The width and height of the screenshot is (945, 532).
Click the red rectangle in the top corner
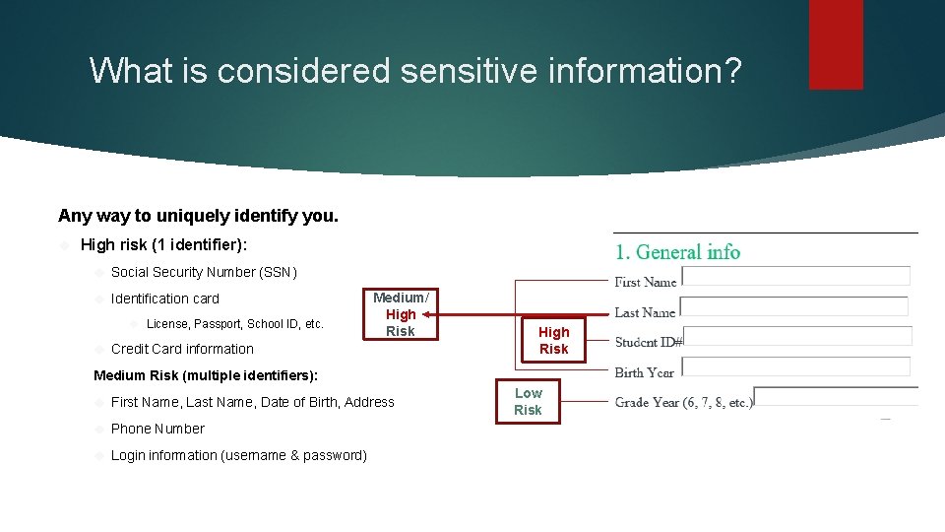click(x=836, y=44)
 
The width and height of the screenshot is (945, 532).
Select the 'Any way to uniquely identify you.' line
click(x=198, y=216)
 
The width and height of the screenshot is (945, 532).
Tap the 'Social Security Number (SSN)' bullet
click(x=204, y=272)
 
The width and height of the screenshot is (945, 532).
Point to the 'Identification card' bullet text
click(x=165, y=299)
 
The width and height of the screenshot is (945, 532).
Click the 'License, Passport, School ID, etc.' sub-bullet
click(x=234, y=324)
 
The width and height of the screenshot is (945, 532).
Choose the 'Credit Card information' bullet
click(x=182, y=349)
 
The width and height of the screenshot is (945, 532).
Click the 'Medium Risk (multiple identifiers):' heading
click(x=206, y=375)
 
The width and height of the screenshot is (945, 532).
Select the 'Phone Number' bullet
click(x=157, y=429)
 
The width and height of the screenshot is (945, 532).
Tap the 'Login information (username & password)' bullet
click(x=239, y=455)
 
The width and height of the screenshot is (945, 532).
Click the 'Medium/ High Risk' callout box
click(x=401, y=314)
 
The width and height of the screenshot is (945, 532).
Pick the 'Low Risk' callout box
click(x=528, y=401)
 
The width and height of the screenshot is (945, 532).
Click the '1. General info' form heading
click(x=678, y=252)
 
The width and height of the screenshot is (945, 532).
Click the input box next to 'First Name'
click(x=795, y=276)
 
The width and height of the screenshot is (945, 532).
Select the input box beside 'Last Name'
click(x=795, y=306)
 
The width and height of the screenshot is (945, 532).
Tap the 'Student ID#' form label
click(x=649, y=343)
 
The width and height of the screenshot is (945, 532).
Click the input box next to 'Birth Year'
click(x=795, y=366)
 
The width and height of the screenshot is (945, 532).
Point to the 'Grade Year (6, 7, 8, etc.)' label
click(x=684, y=402)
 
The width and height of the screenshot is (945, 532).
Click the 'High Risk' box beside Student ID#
click(x=553, y=341)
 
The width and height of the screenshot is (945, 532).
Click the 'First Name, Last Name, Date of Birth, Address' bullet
click(x=253, y=402)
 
